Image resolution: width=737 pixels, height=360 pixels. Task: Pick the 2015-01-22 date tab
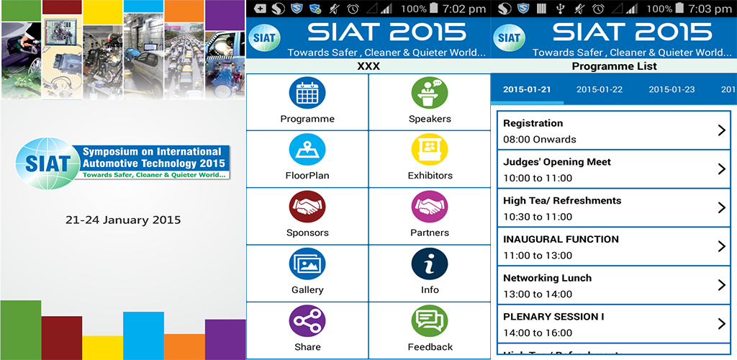point(600,89)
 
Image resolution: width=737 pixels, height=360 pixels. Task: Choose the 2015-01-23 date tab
point(672,89)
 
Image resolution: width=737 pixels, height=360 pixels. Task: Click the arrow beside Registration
point(722,130)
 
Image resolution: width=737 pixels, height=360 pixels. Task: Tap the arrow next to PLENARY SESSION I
point(722,324)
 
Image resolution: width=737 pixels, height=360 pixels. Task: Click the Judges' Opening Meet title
point(557,162)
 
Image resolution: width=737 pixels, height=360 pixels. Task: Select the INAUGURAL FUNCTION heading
point(561,239)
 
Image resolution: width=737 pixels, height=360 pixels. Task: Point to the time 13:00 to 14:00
point(538,294)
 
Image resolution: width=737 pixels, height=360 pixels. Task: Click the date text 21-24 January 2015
point(123,220)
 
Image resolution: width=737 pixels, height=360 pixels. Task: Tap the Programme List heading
point(615,66)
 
